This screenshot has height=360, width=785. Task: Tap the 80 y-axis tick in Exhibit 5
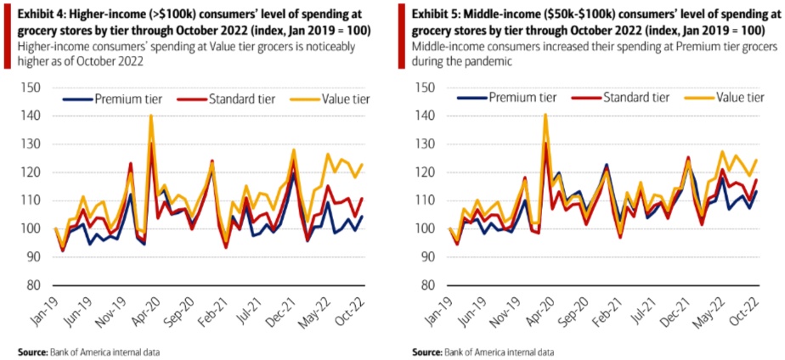[x=430, y=284]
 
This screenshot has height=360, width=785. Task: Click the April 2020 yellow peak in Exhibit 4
[x=151, y=115]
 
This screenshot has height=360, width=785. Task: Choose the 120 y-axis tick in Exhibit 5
[x=428, y=172]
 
